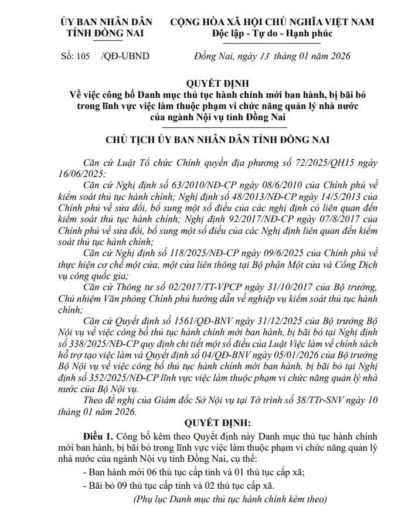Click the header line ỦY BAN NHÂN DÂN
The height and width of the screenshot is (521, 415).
106,22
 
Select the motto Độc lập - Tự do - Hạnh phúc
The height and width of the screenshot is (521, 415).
273,33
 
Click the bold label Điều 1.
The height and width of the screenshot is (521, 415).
99,437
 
